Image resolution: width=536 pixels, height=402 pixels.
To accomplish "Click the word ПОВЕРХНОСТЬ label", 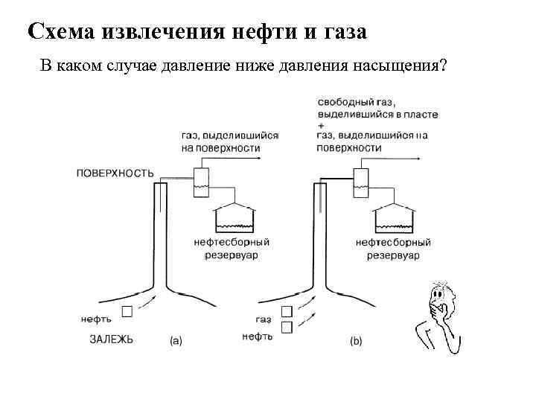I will click(x=115, y=173).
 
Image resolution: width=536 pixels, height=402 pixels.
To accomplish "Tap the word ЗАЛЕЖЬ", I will click(x=112, y=339).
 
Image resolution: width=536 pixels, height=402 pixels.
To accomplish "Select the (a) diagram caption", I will click(x=176, y=341).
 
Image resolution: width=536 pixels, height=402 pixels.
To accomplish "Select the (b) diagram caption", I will click(x=356, y=341).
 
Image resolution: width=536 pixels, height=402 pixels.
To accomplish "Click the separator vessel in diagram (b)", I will click(x=360, y=181).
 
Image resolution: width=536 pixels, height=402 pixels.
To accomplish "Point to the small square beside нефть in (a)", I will click(x=128, y=311).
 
